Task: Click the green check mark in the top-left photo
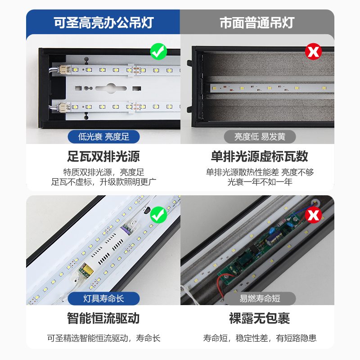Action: [x=158, y=51]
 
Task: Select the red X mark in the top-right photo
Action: [x=314, y=52]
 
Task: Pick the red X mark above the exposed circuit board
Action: [x=314, y=215]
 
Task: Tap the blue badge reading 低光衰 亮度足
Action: [x=103, y=136]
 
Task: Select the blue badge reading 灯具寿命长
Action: [x=103, y=298]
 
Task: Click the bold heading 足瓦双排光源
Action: [x=103, y=156]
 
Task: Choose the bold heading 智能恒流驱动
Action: [x=103, y=319]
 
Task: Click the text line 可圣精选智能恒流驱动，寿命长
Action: [x=103, y=338]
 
